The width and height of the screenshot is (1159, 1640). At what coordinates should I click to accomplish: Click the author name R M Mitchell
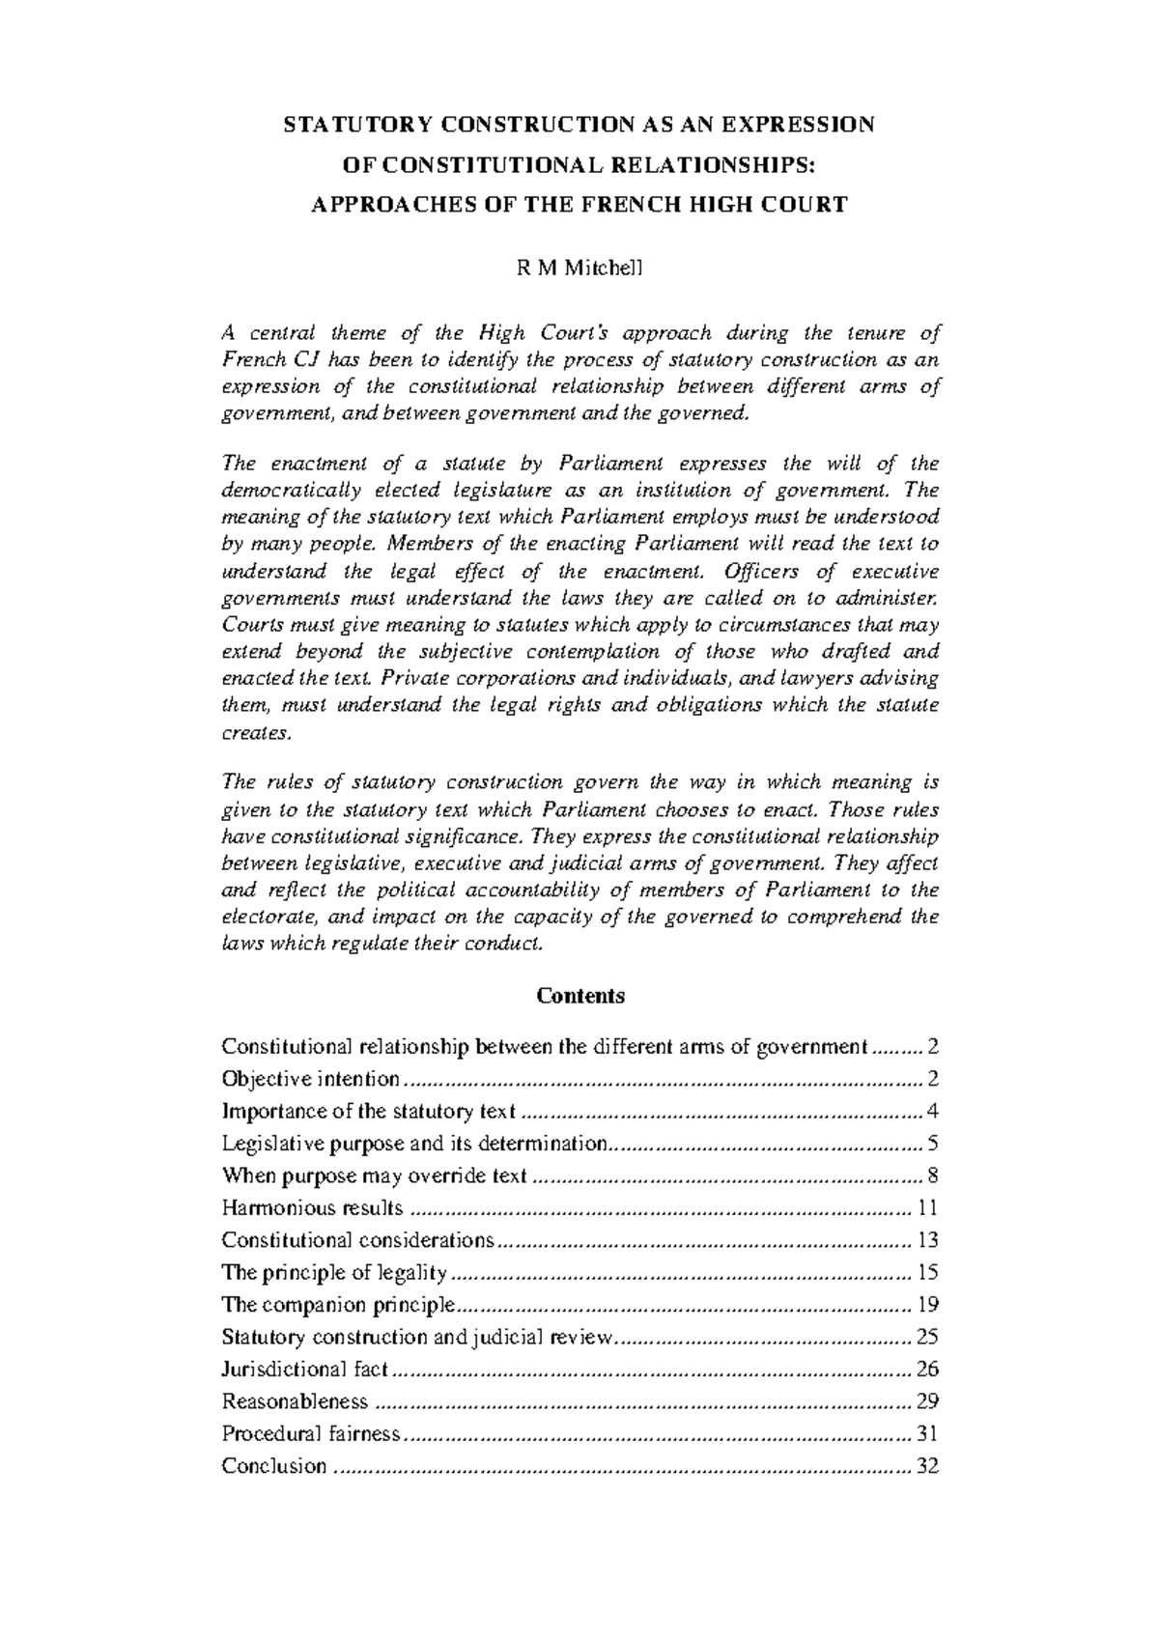point(579,269)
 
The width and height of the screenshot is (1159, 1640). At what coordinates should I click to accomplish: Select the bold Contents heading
point(580,996)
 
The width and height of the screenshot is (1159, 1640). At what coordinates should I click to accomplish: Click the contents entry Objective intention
point(310,1079)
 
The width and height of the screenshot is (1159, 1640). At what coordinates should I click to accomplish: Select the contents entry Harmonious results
point(312,1208)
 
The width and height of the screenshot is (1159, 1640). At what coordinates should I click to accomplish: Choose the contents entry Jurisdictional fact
point(304,1370)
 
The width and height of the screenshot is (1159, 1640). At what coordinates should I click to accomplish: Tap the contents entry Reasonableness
point(295,1401)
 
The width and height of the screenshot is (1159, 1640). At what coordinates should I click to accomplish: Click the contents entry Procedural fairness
point(310,1434)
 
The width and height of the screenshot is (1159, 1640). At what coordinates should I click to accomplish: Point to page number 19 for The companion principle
point(928,1305)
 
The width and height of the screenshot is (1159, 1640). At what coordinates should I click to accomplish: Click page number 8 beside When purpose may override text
point(933,1175)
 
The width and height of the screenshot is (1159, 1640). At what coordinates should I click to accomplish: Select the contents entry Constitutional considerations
point(357,1240)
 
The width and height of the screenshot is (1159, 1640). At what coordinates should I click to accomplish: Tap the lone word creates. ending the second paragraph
point(256,733)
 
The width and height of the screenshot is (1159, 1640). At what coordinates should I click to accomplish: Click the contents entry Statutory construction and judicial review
point(417,1338)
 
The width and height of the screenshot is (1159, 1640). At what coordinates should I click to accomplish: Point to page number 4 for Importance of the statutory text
point(933,1112)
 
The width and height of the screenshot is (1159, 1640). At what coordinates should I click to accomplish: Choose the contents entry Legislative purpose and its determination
point(415,1144)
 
